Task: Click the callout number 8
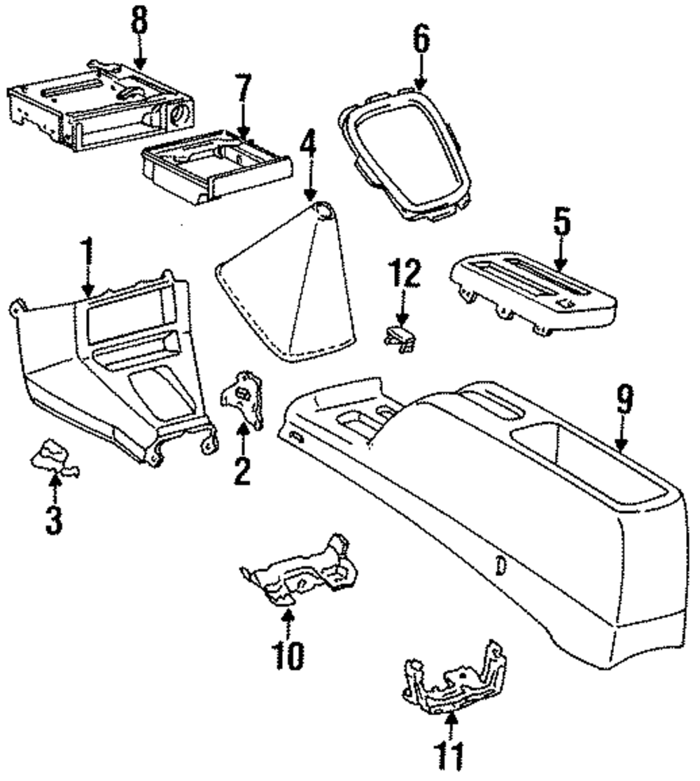pyautogui.click(x=140, y=21)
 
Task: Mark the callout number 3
pyautogui.click(x=54, y=521)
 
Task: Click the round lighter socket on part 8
pyautogui.click(x=179, y=113)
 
